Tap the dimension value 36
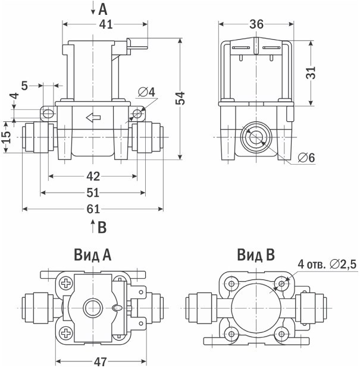[256, 24]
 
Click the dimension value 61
[93, 209]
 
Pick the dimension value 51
[93, 193]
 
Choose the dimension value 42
[93, 176]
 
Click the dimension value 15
[7, 137]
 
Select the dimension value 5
[24, 86]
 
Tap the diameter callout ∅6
[306, 158]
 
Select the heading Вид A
[93, 256]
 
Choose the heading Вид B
[256, 256]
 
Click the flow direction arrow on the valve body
[93, 118]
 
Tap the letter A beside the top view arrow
[103, 9]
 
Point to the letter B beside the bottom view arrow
[102, 227]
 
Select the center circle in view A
[92, 307]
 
